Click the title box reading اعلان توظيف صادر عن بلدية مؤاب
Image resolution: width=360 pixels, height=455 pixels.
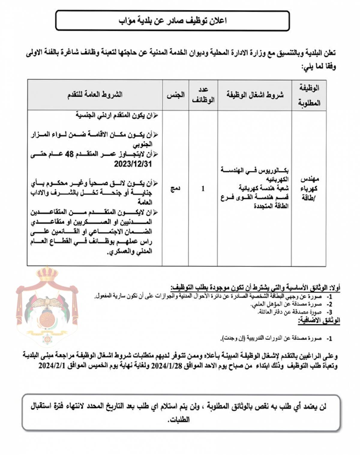tap(172, 21)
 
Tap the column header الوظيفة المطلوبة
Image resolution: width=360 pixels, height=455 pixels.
tap(309, 95)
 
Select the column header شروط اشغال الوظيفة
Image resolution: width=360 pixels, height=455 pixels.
tap(255, 95)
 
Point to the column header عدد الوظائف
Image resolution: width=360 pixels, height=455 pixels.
tap(203, 95)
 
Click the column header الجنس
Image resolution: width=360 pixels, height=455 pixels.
tap(175, 95)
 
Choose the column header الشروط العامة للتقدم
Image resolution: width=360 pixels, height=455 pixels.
tap(95, 95)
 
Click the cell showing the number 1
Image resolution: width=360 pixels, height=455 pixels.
tap(203, 188)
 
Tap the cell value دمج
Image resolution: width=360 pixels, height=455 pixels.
tap(175, 188)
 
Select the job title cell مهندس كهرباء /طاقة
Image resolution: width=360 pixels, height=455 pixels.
tap(309, 188)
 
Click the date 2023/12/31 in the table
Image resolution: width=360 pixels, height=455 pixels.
tap(133, 164)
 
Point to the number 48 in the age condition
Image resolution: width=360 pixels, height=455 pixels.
tap(70, 154)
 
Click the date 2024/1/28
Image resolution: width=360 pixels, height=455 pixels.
tap(163, 366)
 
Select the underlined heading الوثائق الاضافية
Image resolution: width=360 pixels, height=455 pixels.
tap(319, 321)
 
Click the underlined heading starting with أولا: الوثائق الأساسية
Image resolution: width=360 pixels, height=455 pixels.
tap(255, 288)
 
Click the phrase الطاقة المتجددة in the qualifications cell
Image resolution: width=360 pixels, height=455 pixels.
tap(271, 206)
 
